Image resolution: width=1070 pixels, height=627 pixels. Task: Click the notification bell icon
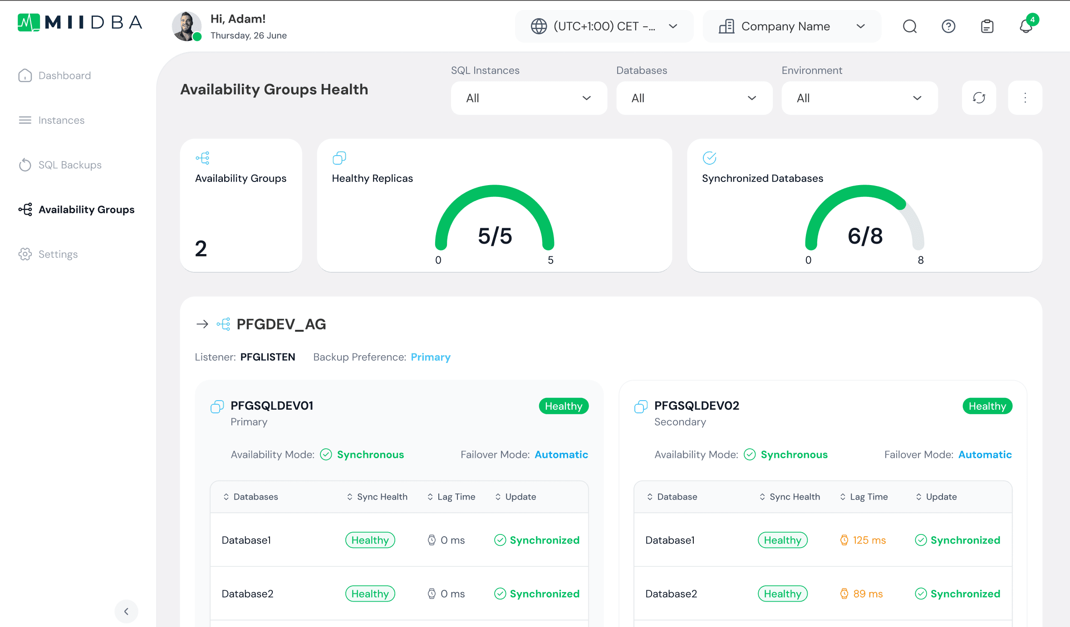pyautogui.click(x=1026, y=26)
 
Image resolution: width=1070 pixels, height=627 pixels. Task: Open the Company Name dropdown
pyautogui.click(x=792, y=26)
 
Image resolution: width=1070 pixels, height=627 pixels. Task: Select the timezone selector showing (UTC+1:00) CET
pyautogui.click(x=604, y=26)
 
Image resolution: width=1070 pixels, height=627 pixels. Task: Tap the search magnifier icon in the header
pyautogui.click(x=909, y=26)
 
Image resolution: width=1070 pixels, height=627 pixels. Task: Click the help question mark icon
pyautogui.click(x=948, y=26)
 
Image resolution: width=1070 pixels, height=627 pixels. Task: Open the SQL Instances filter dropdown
pyautogui.click(x=529, y=98)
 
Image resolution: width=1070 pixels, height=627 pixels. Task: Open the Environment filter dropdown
pyautogui.click(x=859, y=98)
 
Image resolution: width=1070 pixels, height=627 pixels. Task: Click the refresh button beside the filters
pyautogui.click(x=979, y=98)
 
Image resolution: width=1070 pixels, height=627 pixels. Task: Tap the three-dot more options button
pyautogui.click(x=1025, y=98)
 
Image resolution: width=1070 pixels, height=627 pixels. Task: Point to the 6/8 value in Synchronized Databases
pyautogui.click(x=865, y=236)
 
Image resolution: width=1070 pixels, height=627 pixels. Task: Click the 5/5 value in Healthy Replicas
pyautogui.click(x=495, y=236)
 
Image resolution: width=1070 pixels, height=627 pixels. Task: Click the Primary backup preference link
pyautogui.click(x=431, y=357)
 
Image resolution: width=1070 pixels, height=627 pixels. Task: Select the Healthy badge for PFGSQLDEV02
pyautogui.click(x=987, y=406)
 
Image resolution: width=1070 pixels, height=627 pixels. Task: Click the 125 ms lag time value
pyautogui.click(x=869, y=540)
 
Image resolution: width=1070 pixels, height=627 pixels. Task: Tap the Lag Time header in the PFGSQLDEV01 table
pyautogui.click(x=456, y=497)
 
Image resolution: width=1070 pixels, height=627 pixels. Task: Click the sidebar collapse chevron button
pyautogui.click(x=126, y=611)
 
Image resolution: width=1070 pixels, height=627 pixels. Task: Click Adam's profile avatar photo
pyautogui.click(x=187, y=26)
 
